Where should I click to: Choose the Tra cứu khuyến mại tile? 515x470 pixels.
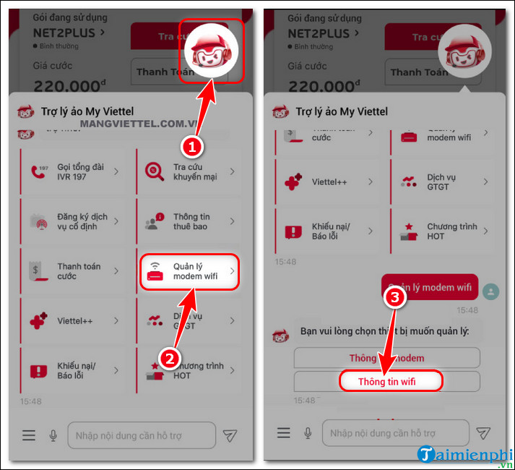188,171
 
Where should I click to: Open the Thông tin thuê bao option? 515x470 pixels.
188,221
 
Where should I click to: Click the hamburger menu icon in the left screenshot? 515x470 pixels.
29,435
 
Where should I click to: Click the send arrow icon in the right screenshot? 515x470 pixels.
482,433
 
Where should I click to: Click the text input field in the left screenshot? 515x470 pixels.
141,435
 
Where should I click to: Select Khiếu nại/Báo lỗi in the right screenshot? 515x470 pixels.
329,231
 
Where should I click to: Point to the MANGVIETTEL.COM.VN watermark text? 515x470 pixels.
130,124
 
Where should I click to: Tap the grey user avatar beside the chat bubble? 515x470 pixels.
491,291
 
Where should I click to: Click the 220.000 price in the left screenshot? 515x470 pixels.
66,86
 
